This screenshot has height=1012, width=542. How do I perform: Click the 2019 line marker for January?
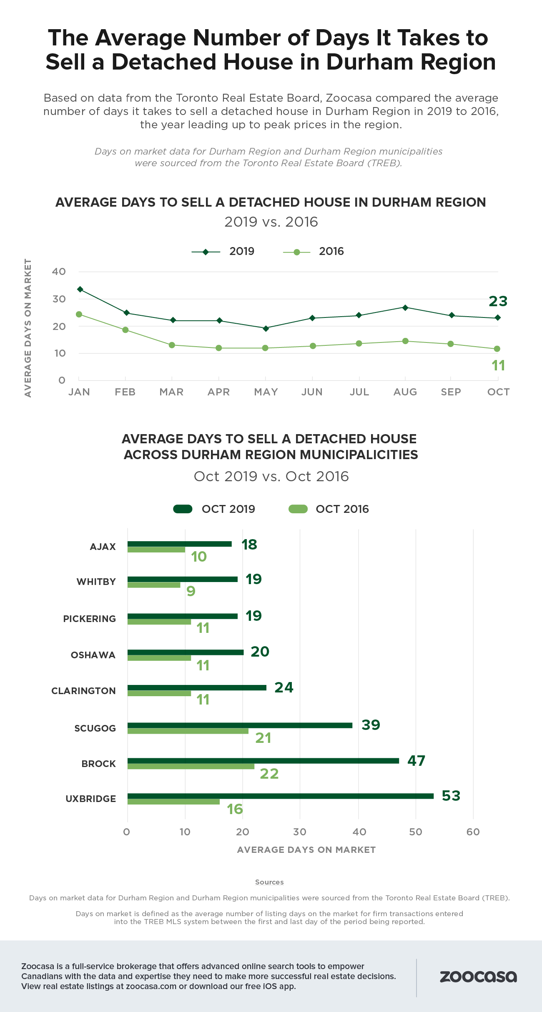pyautogui.click(x=80, y=289)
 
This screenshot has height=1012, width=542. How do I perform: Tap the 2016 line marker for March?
pyautogui.click(x=172, y=345)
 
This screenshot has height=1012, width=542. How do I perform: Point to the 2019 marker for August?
pyautogui.click(x=405, y=307)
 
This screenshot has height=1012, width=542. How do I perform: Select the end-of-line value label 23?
pyautogui.click(x=498, y=301)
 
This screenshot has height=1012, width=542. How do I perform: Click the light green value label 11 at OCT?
pyautogui.click(x=498, y=365)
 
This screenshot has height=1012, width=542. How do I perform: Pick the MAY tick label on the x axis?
pyautogui.click(x=266, y=392)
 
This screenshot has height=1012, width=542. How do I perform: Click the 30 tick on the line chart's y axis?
pyautogui.click(x=59, y=299)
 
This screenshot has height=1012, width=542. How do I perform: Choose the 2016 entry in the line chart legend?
pyautogui.click(x=314, y=252)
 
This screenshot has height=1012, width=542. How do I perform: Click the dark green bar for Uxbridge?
pyautogui.click(x=280, y=796)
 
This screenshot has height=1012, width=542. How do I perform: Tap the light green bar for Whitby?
pyautogui.click(x=154, y=585)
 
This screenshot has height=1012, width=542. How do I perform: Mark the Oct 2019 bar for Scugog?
pyautogui.click(x=240, y=725)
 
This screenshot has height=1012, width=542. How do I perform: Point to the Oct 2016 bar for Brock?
pyautogui.click(x=191, y=767)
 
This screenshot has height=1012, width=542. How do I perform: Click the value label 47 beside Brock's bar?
pyautogui.click(x=416, y=761)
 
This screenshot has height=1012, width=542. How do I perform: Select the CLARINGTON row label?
pyautogui.click(x=83, y=691)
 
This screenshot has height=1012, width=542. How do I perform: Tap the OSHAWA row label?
pyautogui.click(x=93, y=655)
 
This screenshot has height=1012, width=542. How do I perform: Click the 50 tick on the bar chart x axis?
pyautogui.click(x=416, y=832)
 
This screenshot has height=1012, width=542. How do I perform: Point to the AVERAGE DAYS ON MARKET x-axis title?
pyautogui.click(x=306, y=850)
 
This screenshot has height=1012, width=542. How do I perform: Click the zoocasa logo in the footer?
pyautogui.click(x=478, y=977)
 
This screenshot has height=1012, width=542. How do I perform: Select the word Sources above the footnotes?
pyautogui.click(x=269, y=882)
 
